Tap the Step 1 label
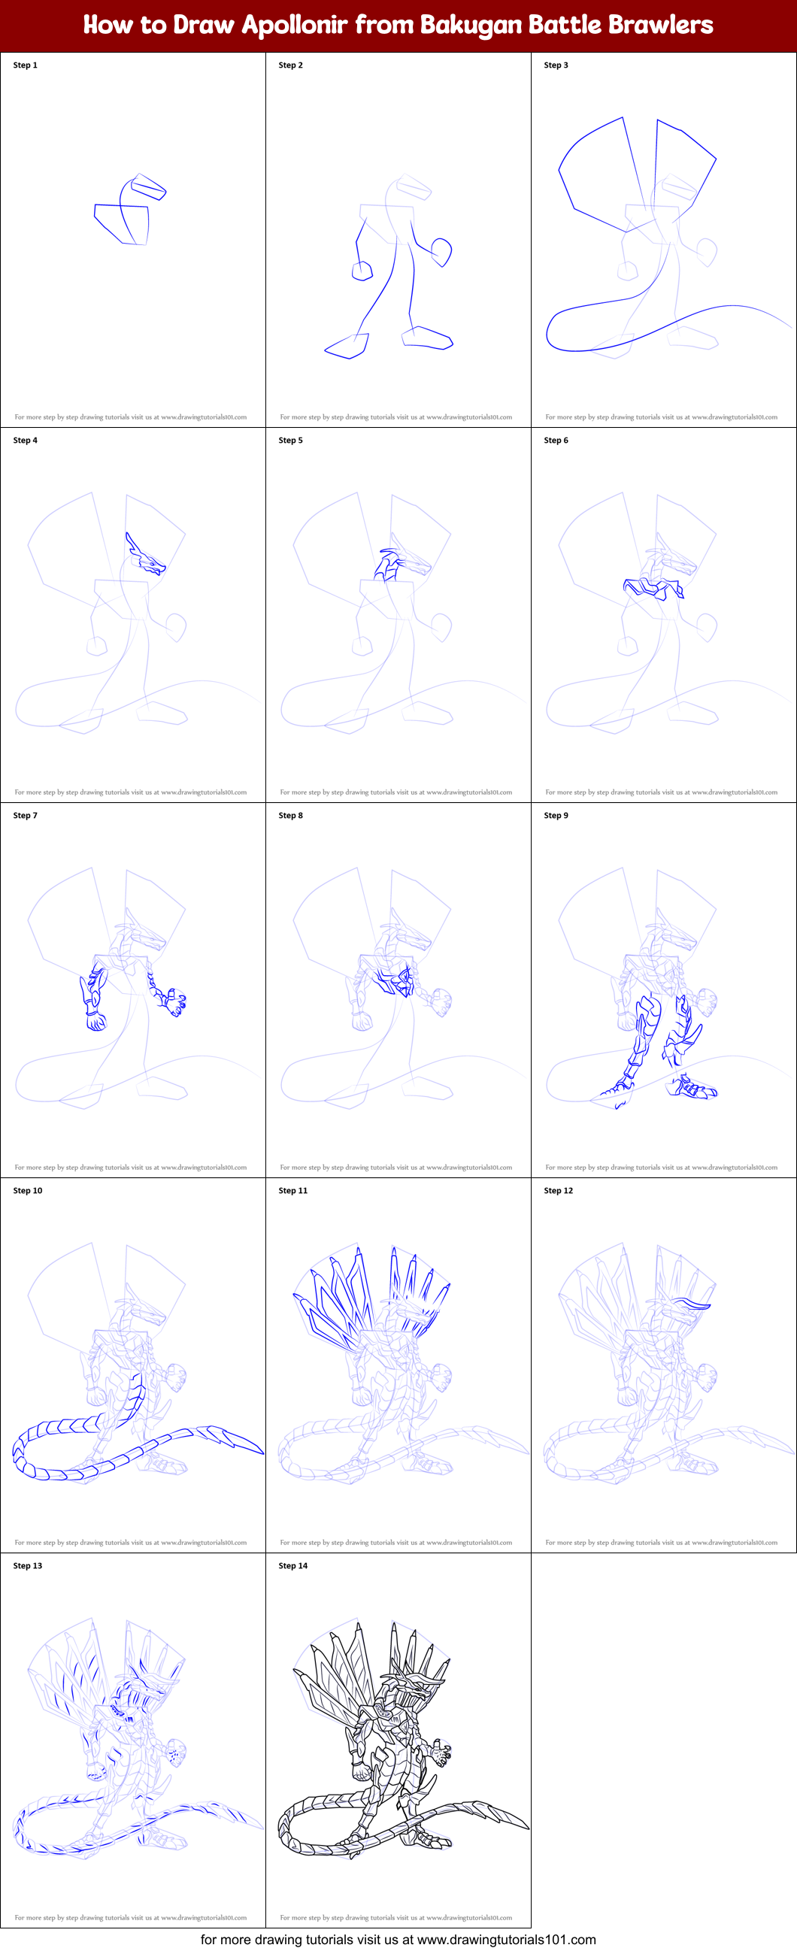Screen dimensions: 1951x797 coord(25,65)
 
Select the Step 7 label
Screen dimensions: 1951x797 coord(25,816)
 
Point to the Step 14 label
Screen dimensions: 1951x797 coord(292,1565)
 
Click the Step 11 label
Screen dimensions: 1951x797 coord(292,1191)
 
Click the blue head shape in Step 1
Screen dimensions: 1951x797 coord(148,186)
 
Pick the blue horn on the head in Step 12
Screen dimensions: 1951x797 coord(693,1304)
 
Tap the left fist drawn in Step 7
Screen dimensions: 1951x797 coord(95,1023)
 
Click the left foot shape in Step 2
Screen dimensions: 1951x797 coord(347,347)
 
